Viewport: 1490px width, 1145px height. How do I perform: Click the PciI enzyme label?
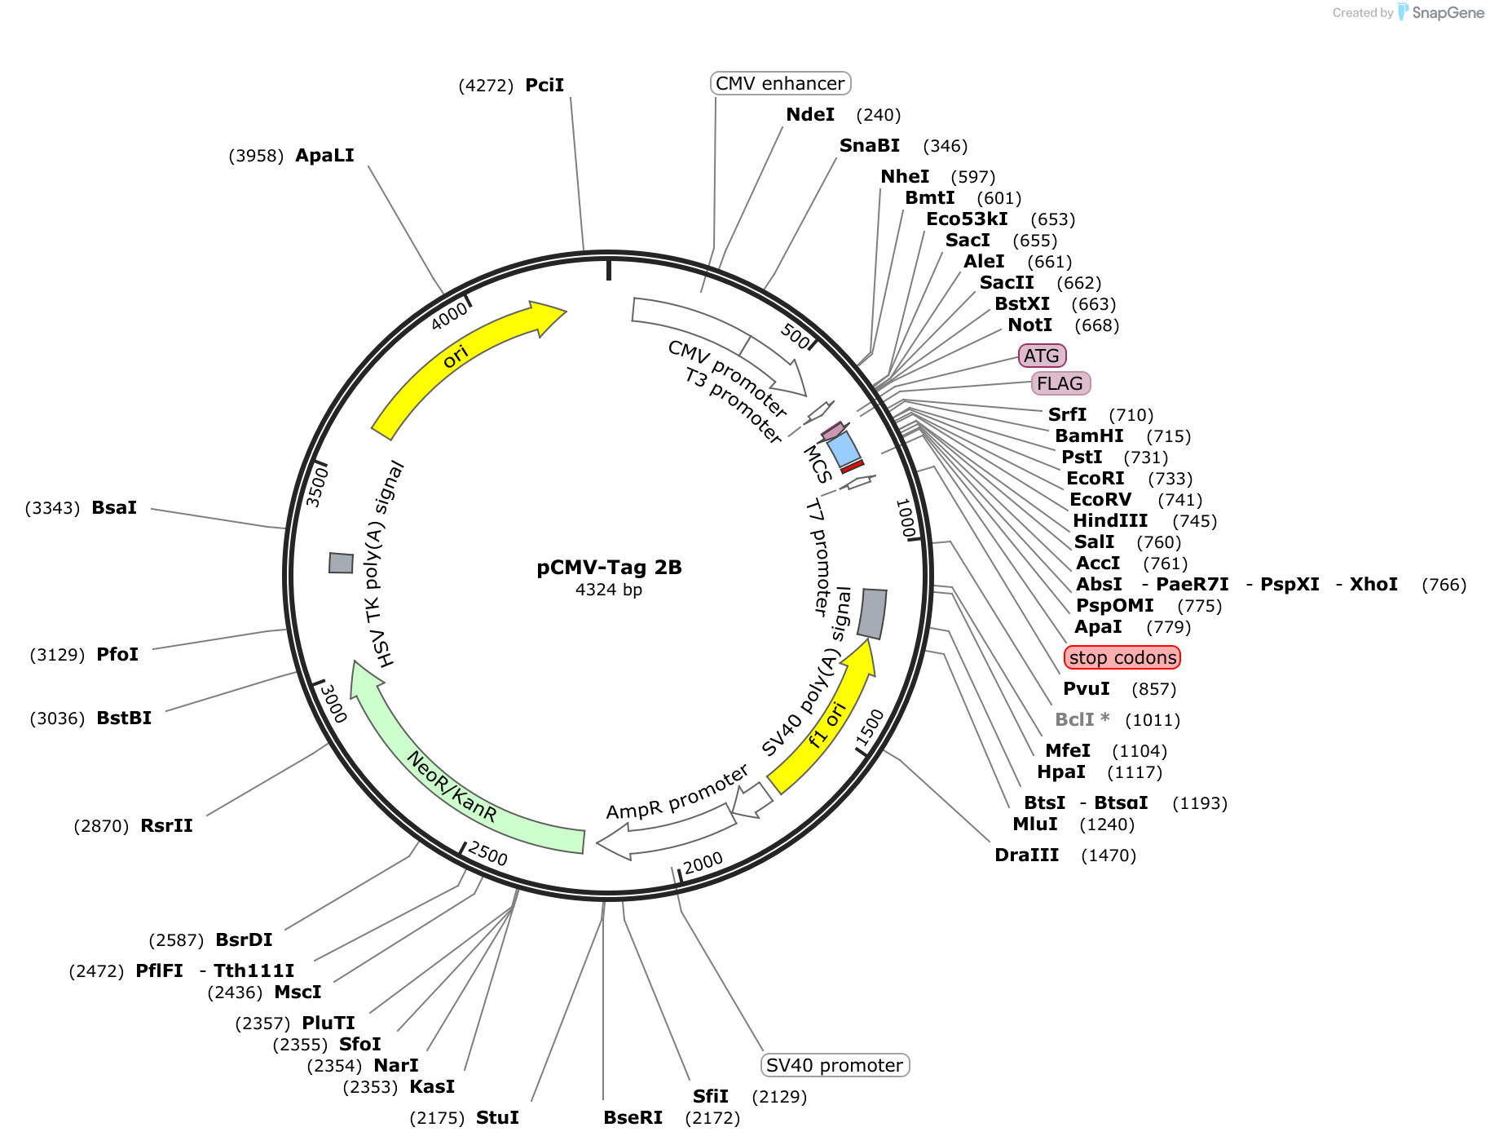(544, 86)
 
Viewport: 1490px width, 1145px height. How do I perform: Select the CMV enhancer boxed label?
(780, 83)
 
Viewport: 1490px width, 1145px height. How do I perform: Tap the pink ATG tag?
(1042, 356)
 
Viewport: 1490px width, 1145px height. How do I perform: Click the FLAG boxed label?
(1060, 383)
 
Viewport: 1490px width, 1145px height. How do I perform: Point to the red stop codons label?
(1122, 657)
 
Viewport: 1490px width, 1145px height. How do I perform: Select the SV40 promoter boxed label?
(834, 1065)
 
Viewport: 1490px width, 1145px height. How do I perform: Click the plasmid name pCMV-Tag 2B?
(609, 568)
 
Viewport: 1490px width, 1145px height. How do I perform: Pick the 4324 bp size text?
(609, 590)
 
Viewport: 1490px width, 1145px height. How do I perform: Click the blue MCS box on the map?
(843, 449)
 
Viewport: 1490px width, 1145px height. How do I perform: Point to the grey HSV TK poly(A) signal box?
(342, 563)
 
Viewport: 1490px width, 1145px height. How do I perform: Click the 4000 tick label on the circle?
(449, 316)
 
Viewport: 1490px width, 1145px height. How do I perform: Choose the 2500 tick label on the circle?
(488, 854)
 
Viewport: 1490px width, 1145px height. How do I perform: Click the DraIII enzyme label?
(1026, 855)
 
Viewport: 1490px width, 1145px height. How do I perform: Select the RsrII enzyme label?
(166, 825)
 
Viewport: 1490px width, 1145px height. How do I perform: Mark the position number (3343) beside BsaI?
(52, 508)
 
